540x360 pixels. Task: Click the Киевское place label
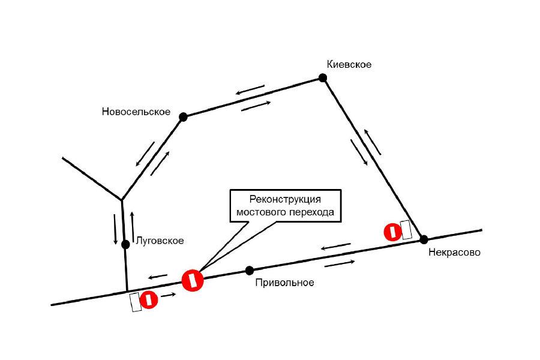tap(349, 64)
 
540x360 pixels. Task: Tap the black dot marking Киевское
tap(323, 78)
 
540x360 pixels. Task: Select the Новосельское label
tap(136, 112)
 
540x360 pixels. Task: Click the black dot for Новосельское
tap(183, 117)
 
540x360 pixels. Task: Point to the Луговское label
tap(160, 241)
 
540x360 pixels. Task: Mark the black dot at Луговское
tap(126, 245)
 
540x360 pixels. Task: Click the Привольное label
tap(285, 283)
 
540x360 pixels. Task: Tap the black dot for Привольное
tap(250, 271)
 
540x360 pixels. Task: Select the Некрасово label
tap(454, 253)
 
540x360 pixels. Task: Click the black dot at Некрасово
tap(424, 239)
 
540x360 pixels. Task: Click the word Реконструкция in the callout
tap(285, 199)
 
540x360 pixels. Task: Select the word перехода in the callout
tap(311, 212)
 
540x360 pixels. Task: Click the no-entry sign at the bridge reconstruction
tap(193, 280)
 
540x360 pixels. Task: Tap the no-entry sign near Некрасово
tap(392, 232)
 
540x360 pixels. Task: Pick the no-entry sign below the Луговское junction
tap(149, 299)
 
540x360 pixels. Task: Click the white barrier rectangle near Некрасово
tap(406, 229)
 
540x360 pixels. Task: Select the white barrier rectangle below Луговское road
tap(136, 302)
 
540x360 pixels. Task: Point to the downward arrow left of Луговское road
tap(116, 229)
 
